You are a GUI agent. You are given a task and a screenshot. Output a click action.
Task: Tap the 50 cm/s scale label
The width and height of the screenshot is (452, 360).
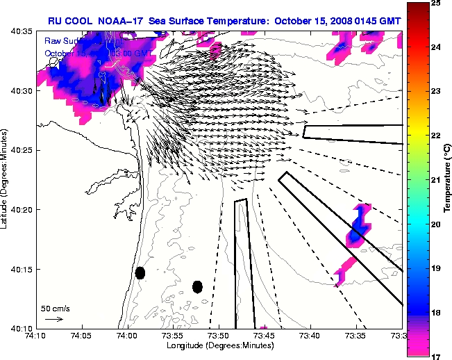click(x=55, y=308)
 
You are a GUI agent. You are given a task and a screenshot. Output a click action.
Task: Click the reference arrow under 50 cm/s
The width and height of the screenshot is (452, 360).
click(x=53, y=319)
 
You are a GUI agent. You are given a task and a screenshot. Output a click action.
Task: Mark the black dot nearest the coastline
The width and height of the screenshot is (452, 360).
click(x=140, y=272)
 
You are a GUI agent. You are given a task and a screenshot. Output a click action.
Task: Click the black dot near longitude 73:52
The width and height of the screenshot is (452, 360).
click(x=197, y=286)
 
